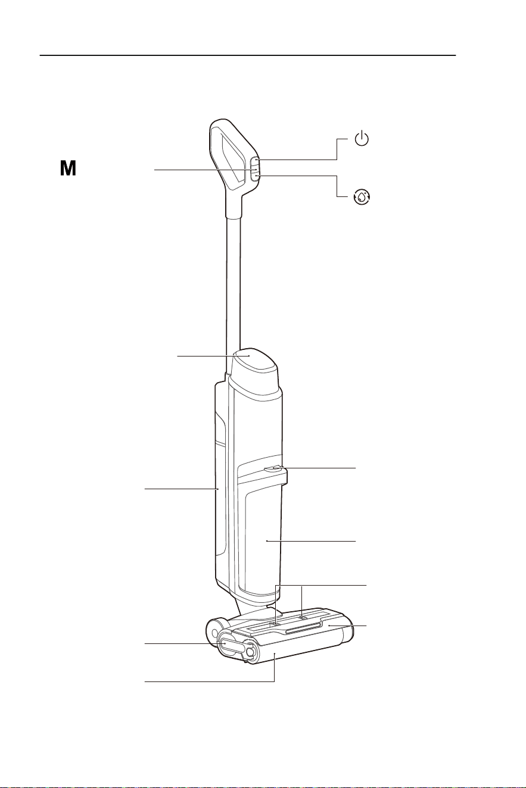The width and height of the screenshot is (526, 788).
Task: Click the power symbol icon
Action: (x=362, y=139)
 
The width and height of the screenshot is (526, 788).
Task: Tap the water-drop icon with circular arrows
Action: (x=362, y=197)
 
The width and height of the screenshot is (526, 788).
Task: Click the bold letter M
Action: (x=68, y=168)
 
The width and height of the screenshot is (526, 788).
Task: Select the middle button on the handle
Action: (x=254, y=170)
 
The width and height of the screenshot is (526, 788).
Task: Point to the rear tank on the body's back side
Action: (x=219, y=493)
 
